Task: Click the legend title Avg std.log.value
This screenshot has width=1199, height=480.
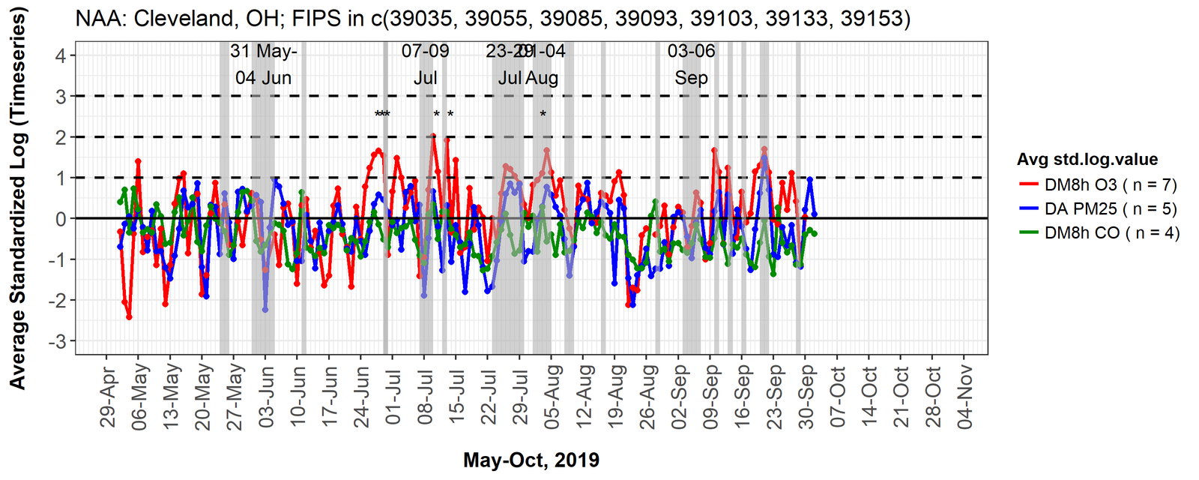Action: click(x=1087, y=160)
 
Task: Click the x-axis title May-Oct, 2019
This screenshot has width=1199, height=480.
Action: click(x=531, y=460)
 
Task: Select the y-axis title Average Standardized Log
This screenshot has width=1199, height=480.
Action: click(x=18, y=199)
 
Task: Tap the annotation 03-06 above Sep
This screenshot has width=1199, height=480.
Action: click(x=691, y=51)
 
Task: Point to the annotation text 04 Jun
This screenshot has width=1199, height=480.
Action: click(x=263, y=78)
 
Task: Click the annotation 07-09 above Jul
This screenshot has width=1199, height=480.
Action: click(x=425, y=51)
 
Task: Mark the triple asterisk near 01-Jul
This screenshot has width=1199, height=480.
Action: click(x=382, y=115)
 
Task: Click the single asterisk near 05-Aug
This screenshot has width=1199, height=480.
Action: click(x=543, y=115)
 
